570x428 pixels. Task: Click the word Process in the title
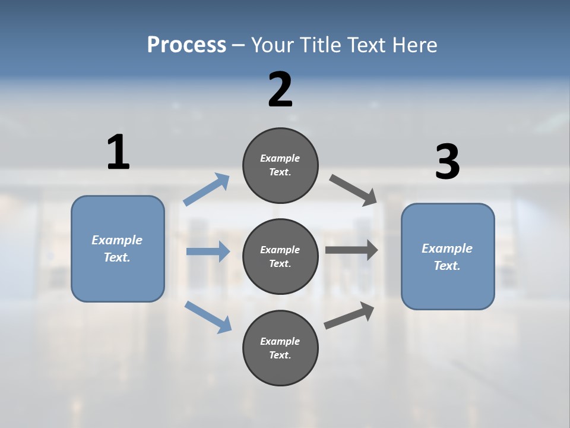(186, 45)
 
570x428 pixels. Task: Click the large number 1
(118, 152)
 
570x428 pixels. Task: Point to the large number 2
(280, 90)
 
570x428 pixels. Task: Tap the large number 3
(447, 162)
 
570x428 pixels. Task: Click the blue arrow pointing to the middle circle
(208, 251)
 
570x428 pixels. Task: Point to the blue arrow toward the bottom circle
(208, 316)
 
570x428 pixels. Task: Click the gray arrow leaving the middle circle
(351, 250)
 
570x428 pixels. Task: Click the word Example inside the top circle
(280, 158)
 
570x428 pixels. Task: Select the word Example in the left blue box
(117, 240)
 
